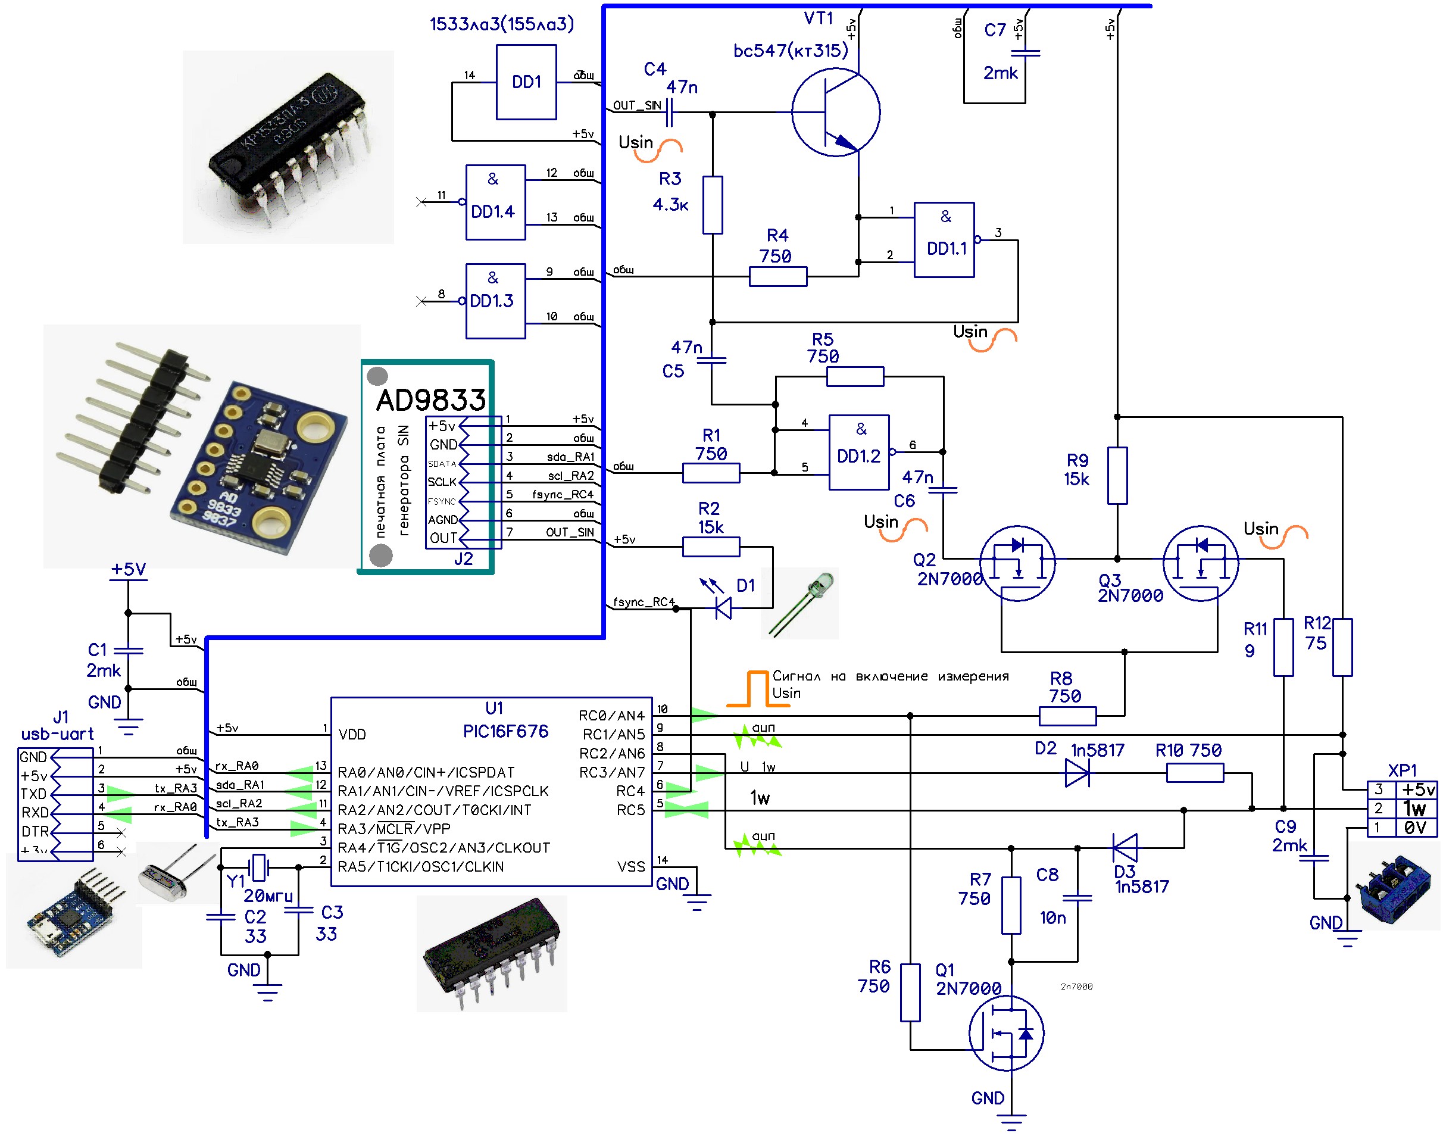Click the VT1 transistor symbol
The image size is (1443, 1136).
[x=835, y=113]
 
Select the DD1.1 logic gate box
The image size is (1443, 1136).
[x=944, y=239]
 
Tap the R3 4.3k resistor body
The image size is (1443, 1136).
[x=712, y=205]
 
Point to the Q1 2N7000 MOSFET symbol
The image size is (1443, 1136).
[x=1006, y=1032]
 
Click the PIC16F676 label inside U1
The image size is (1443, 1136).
[x=505, y=732]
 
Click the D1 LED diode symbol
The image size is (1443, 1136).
[x=723, y=607]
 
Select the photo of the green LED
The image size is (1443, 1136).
[x=800, y=603]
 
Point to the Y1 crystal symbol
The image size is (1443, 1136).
[x=259, y=867]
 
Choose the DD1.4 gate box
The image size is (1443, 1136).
[x=495, y=202]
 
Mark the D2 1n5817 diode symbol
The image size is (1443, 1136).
[x=1077, y=773]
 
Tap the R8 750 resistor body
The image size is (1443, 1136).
[x=1067, y=716]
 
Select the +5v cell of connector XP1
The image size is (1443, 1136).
[x=1417, y=789]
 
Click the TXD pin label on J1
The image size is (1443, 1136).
[x=33, y=794]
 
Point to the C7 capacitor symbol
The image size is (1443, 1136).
[x=1025, y=52]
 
